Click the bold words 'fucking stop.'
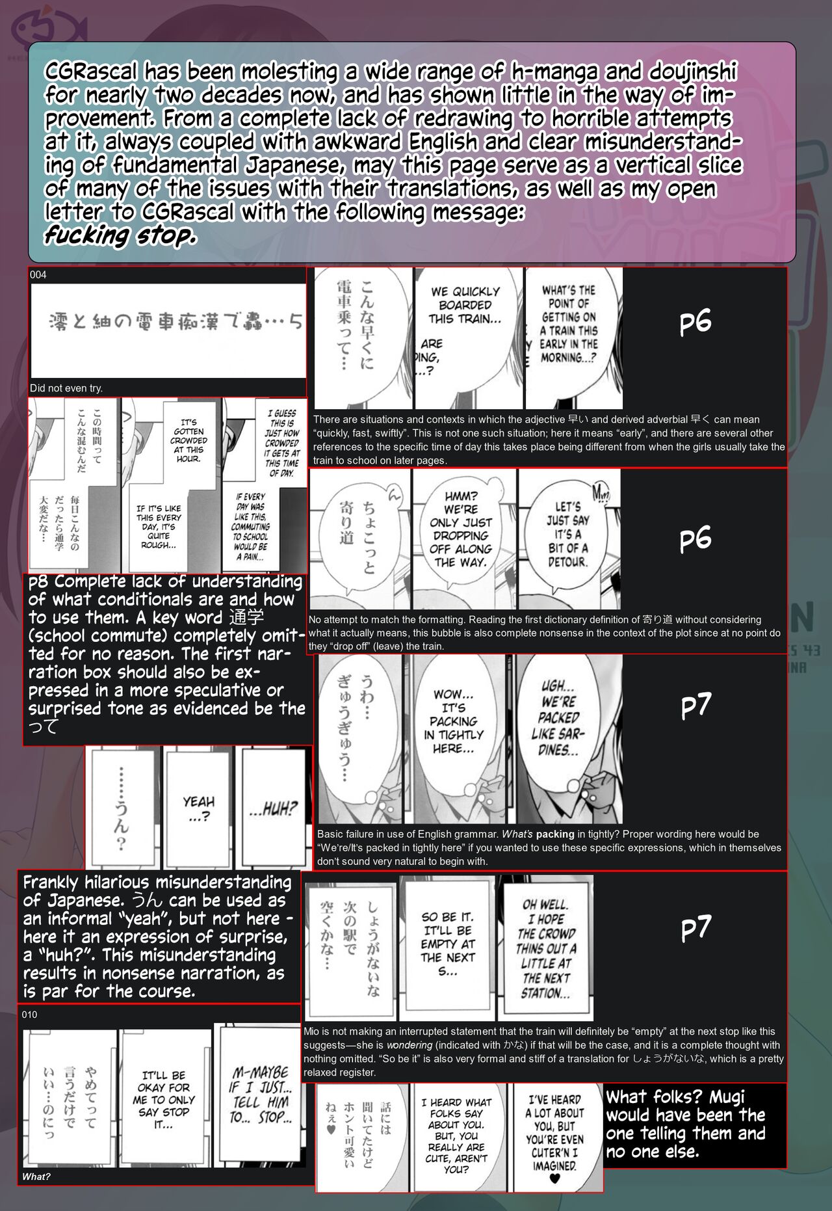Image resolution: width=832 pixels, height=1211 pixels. pos(120,235)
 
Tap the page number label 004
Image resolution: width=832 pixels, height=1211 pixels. pos(38,275)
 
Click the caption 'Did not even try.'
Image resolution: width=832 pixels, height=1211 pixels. pos(66,388)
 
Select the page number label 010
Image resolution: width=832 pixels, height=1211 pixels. pos(30,1015)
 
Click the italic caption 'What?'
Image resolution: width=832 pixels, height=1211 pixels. pos(36,1176)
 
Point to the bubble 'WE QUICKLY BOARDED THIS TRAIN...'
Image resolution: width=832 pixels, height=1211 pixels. pos(465,305)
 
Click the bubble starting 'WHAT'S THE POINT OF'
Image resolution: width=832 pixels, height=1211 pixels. pos(569,324)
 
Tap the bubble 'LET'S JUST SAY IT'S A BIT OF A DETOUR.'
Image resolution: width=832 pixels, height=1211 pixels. pos(567,534)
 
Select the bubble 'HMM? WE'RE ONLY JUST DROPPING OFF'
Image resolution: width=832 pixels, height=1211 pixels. pos(461,529)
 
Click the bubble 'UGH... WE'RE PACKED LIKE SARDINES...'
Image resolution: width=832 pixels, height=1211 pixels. pos(558,717)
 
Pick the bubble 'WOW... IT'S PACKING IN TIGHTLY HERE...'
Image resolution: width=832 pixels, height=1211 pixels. pos(454,721)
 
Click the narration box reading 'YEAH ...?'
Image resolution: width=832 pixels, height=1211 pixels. pos(198,808)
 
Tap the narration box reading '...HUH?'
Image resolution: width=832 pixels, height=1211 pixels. pos(273,809)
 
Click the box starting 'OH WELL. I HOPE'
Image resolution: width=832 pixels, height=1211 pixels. pos(546,948)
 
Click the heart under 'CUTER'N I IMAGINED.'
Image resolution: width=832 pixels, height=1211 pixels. pos(554,1178)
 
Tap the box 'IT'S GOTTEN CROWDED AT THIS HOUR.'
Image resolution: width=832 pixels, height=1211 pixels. pos(188,441)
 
